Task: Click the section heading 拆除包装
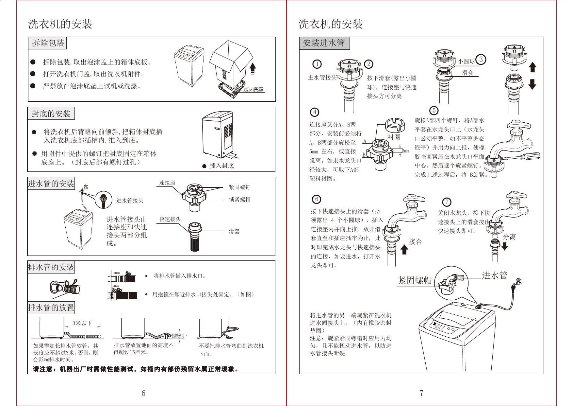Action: coord(48,43)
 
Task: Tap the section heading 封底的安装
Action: coord(51,114)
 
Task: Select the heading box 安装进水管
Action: coord(324,43)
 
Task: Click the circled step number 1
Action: coord(317,64)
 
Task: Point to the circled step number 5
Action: coord(434,111)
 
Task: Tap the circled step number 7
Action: coord(447,202)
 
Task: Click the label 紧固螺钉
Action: coord(239,187)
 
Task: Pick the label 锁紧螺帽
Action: coord(239,200)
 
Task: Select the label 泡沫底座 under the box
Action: coord(253,90)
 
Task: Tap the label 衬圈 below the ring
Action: coord(394,137)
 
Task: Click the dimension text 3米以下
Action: coord(82,323)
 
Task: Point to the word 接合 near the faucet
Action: coord(415,242)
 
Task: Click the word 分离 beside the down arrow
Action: coord(509,237)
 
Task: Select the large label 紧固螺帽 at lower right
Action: coord(415,280)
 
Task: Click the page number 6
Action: coord(143,393)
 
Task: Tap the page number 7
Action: coord(421,393)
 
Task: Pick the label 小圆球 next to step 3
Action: coord(466,61)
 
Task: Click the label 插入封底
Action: coord(221,166)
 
